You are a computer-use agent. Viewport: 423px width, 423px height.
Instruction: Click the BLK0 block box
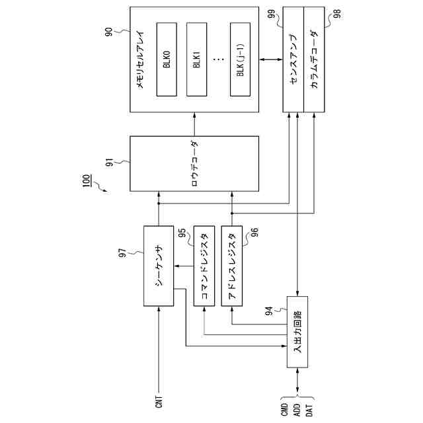tap(167, 59)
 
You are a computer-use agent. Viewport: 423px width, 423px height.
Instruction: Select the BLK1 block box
tap(197, 59)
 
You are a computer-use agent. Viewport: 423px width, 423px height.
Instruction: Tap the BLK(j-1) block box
tap(241, 59)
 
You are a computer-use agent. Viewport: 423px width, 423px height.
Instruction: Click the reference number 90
tap(108, 32)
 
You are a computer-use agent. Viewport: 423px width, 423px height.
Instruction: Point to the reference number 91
tap(109, 163)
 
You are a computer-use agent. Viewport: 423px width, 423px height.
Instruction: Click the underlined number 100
tap(87, 180)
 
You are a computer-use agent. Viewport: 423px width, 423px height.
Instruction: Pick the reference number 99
tap(272, 15)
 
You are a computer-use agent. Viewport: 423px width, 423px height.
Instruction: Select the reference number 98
tap(337, 14)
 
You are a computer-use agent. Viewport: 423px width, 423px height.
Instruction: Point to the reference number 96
tap(254, 232)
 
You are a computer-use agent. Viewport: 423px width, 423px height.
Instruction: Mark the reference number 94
tap(269, 311)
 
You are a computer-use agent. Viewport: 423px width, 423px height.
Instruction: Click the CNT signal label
tap(159, 402)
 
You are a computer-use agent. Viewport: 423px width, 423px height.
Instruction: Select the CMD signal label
tap(285, 410)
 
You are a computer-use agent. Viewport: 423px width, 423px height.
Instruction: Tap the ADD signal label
tap(297, 410)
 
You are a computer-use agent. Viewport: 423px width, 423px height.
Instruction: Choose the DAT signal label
tap(309, 410)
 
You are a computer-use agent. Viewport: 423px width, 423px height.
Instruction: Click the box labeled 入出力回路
tap(297, 332)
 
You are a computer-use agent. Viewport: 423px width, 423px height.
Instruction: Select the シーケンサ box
tap(159, 266)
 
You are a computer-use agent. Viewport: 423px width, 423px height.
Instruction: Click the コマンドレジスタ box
tap(204, 266)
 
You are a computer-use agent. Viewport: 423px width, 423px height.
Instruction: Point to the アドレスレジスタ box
tap(232, 266)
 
